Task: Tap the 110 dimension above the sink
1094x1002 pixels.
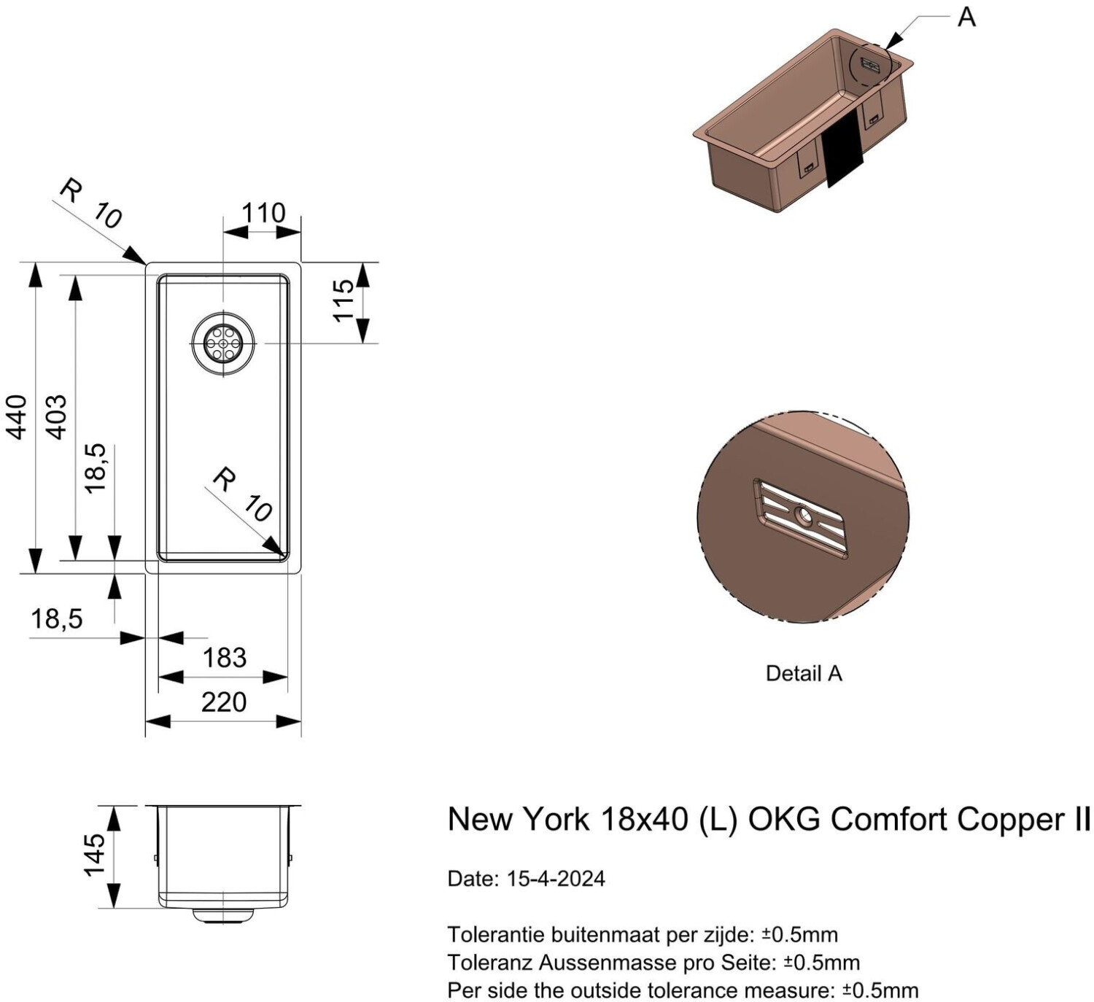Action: [x=264, y=213]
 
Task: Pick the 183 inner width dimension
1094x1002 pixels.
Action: [x=225, y=658]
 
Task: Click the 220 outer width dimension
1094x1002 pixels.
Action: [x=224, y=702]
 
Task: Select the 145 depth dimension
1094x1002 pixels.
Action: [x=94, y=855]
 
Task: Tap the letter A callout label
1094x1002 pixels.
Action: [x=966, y=18]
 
